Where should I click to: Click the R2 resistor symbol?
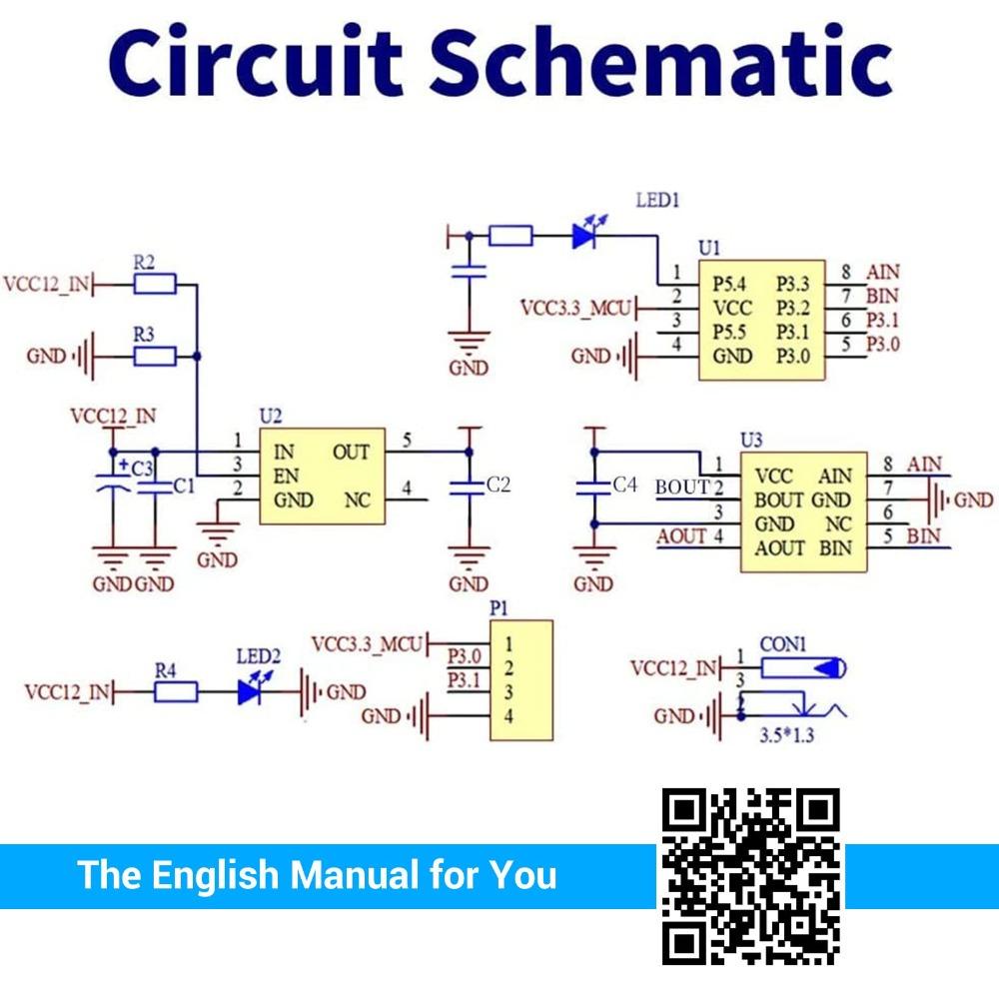pos(155,285)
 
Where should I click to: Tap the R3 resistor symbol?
pos(155,356)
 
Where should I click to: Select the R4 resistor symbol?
pos(175,691)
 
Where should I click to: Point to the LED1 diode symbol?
pos(585,237)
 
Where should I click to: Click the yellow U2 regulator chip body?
pos(322,476)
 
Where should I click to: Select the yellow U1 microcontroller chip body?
pos(761,319)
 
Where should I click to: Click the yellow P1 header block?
pos(520,679)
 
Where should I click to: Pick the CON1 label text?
pos(783,645)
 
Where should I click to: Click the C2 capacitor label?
pos(498,486)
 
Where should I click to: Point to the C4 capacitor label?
pos(623,485)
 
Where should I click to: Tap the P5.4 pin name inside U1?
pos(730,284)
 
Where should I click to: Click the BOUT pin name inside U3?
pos(778,500)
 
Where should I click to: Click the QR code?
pos(751,876)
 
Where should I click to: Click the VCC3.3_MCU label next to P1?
pos(368,642)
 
